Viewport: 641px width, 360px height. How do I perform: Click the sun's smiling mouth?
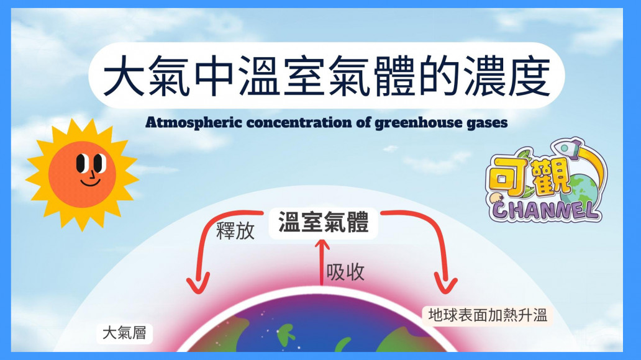[90, 182]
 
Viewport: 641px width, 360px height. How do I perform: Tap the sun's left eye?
[81, 163]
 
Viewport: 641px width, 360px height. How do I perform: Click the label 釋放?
[235, 231]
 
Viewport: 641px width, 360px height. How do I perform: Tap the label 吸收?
[345, 272]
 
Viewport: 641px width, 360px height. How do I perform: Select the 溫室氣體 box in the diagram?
[324, 223]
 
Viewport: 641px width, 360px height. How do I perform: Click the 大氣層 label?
[124, 333]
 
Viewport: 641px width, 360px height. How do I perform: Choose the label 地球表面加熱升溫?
[488, 315]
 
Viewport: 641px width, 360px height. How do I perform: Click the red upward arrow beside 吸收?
[322, 262]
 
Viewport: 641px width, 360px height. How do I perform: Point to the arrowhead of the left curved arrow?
[198, 283]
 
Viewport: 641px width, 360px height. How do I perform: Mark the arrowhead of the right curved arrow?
[445, 283]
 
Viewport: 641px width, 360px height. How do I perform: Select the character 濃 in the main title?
[484, 76]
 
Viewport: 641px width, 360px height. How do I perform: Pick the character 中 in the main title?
[214, 76]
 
